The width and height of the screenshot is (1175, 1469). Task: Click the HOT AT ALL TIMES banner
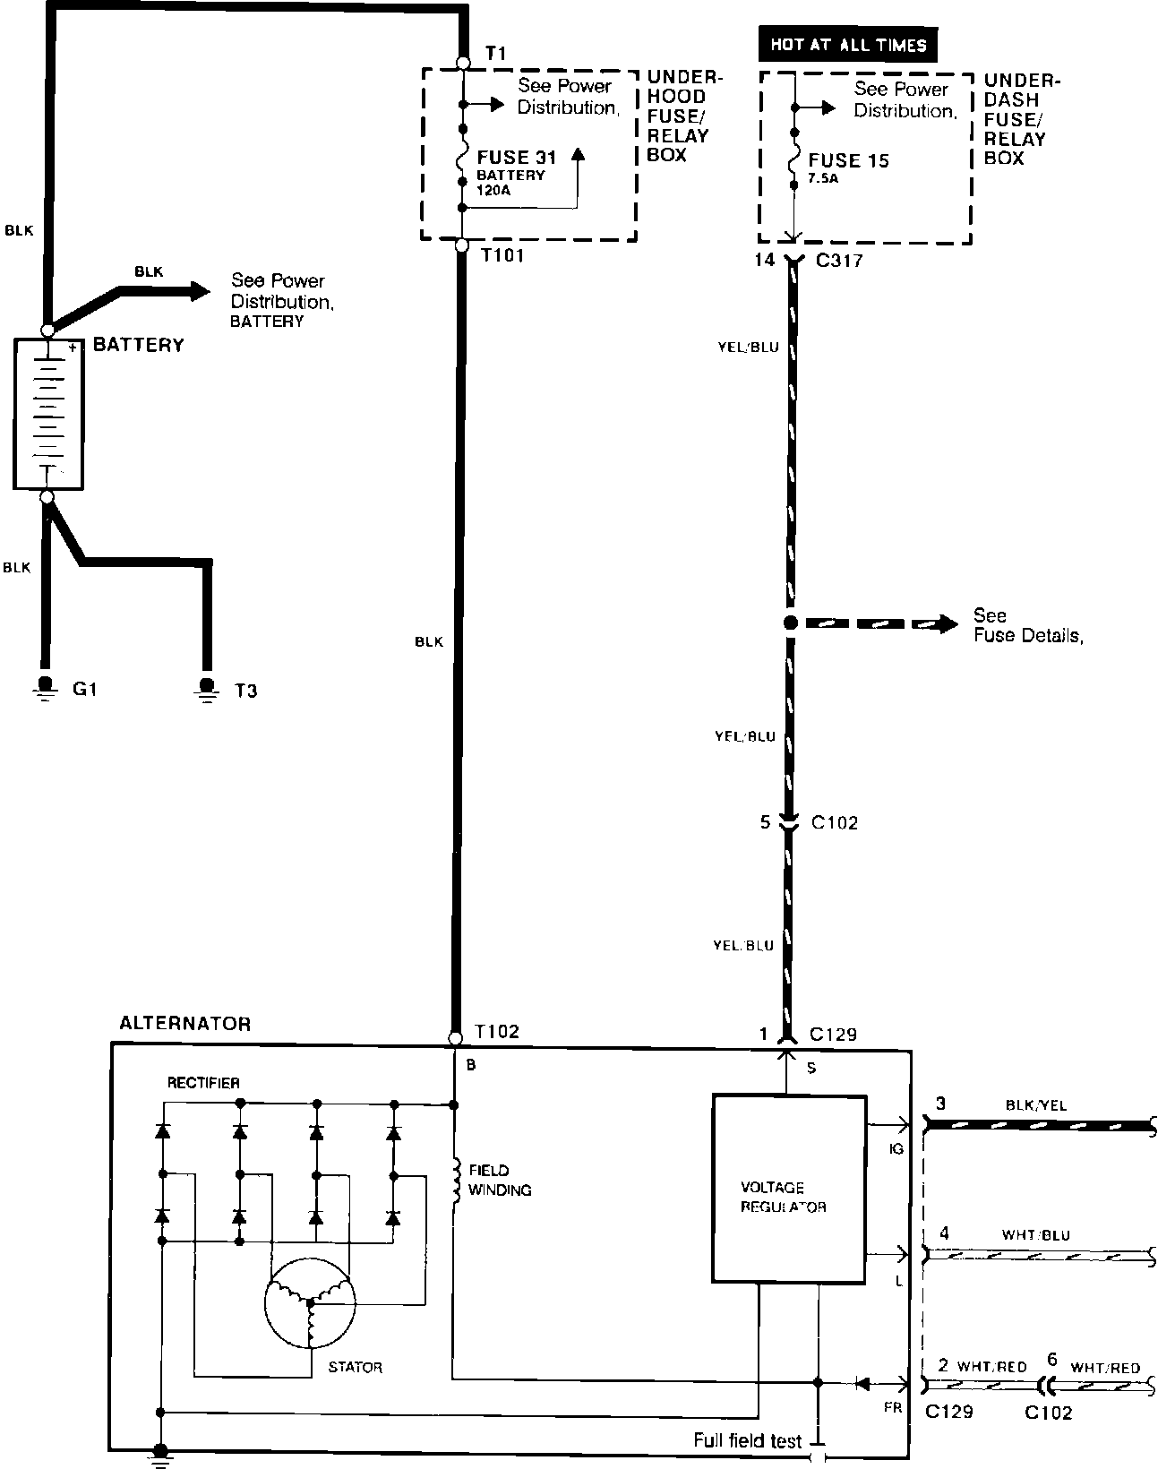tap(847, 45)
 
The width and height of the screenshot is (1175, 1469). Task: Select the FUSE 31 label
tap(517, 158)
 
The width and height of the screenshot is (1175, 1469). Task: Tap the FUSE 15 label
tap(848, 161)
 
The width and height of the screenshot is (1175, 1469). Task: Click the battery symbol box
tap(48, 413)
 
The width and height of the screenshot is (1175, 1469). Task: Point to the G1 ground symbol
tap(43, 688)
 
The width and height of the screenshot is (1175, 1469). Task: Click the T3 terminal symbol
tap(208, 688)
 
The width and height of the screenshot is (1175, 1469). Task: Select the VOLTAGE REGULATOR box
tap(789, 1188)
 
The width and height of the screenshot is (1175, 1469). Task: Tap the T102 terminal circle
tap(455, 1039)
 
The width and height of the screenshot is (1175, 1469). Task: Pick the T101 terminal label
tap(502, 256)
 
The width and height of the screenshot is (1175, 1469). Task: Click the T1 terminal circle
tap(463, 63)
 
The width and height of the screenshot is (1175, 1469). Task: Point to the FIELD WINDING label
tap(500, 1180)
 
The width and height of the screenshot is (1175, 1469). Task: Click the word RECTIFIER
tap(203, 1083)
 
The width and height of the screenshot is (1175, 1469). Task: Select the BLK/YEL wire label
tap(1036, 1105)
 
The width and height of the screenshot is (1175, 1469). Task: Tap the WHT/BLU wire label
tap(1035, 1235)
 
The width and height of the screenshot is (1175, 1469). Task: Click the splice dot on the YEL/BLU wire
tap(790, 623)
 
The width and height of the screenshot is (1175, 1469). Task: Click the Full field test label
tap(747, 1440)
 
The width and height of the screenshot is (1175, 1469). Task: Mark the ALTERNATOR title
tap(185, 1024)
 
